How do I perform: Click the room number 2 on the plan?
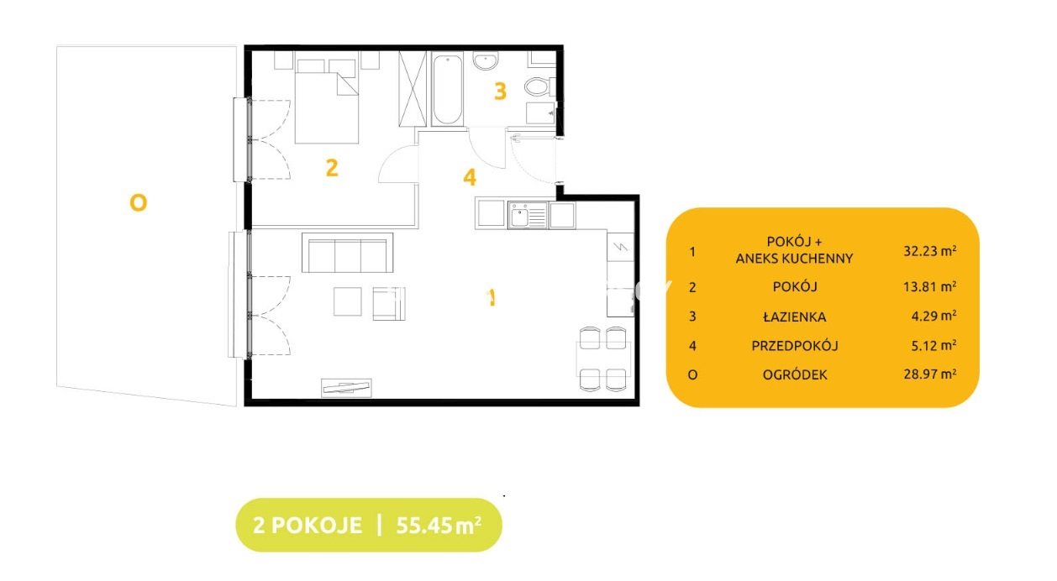(332, 168)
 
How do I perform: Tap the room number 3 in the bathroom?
(500, 91)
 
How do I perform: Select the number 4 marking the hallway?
(470, 177)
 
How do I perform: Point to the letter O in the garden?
(139, 203)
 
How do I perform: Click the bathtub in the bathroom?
(447, 89)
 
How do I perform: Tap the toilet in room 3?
(539, 86)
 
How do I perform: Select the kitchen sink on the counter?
(528, 215)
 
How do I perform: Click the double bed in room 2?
(327, 102)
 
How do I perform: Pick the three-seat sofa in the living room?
(347, 253)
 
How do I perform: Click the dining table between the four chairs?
(603, 359)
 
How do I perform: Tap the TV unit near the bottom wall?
(346, 388)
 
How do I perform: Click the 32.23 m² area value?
(929, 250)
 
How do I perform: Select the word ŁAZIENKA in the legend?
(795, 317)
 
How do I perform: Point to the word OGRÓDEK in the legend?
(795, 374)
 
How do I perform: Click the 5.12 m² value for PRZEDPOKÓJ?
(933, 345)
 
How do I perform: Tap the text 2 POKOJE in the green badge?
(308, 525)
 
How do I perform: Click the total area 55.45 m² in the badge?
(439, 525)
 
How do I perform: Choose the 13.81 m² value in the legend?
(929, 286)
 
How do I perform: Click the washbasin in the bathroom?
(485, 60)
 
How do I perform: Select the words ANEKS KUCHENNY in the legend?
(795, 259)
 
